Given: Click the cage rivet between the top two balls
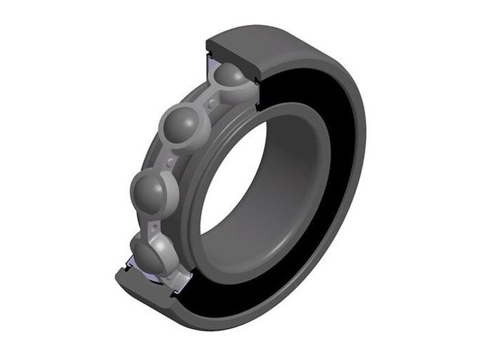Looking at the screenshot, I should click(212, 103).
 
